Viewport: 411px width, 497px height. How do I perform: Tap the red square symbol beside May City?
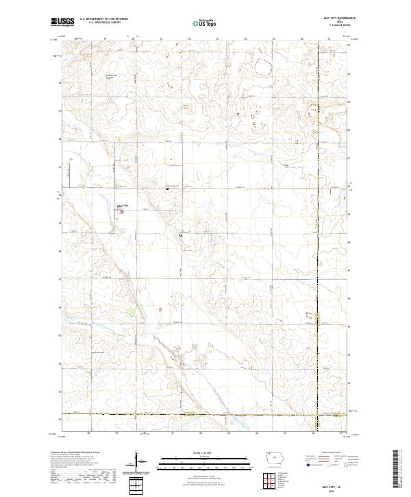[x=123, y=210]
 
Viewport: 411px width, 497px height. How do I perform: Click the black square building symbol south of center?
[x=180, y=235]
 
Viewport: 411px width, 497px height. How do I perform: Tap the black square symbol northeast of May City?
[x=168, y=187]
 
